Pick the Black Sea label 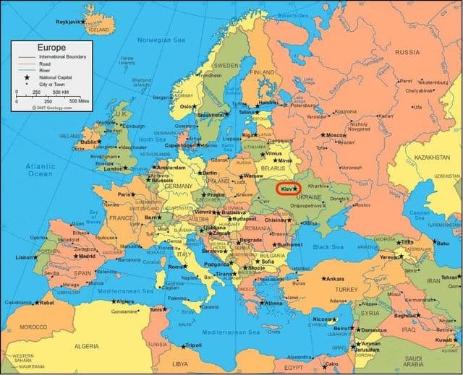pos(328,248)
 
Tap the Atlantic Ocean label pos(41,170)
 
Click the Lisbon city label pos(24,257)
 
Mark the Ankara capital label pos(335,279)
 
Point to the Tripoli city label pos(193,345)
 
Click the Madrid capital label pos(86,256)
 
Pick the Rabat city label pos(46,303)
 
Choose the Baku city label pos(442,243)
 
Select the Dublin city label pos(88,142)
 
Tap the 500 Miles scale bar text pos(79,100)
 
